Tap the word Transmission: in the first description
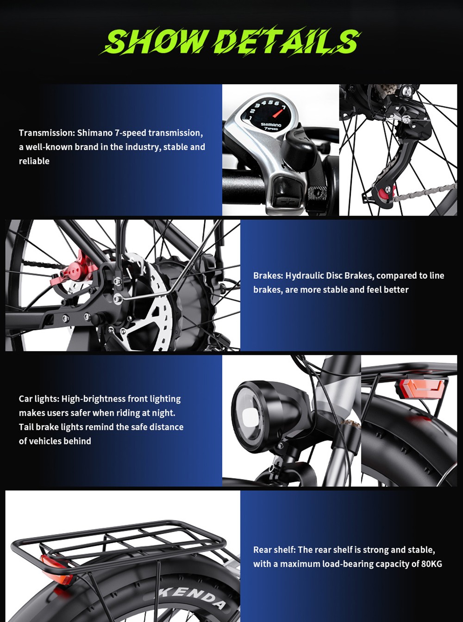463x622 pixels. [x=47, y=133]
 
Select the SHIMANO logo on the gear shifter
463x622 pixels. [x=271, y=125]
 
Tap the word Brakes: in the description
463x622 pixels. [x=268, y=276]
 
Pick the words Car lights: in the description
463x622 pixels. [x=39, y=399]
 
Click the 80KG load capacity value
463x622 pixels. [x=432, y=564]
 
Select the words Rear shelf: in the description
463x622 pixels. [x=275, y=550]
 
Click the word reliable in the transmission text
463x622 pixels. [x=34, y=161]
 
